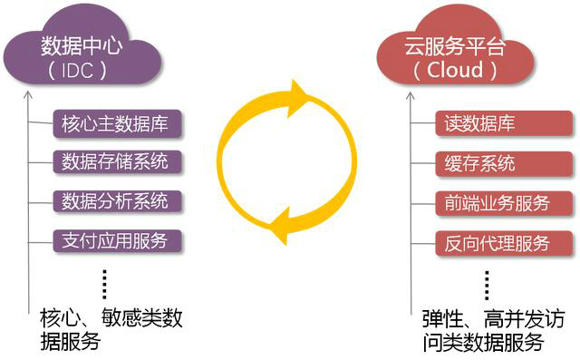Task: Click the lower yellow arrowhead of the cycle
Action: [x=282, y=226]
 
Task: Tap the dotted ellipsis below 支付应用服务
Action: [x=105, y=283]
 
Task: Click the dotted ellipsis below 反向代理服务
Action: [x=488, y=283]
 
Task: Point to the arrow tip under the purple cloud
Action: [x=29, y=92]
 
